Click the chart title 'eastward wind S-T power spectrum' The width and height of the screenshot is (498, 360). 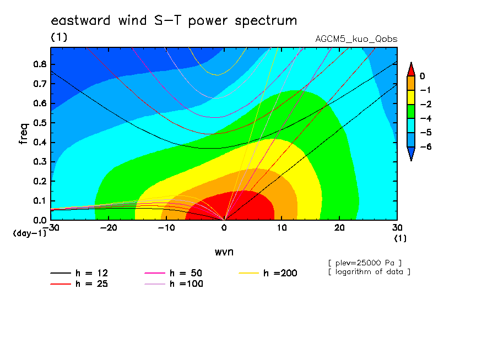pyautogui.click(x=174, y=21)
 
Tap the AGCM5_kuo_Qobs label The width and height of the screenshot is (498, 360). pyautogui.click(x=356, y=39)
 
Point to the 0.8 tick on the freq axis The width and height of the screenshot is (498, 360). pyautogui.click(x=40, y=64)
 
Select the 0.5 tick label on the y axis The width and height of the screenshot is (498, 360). pyautogui.click(x=40, y=123)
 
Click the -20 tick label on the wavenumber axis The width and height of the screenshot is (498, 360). pyautogui.click(x=109, y=228)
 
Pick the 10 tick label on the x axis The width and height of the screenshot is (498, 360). pyautogui.click(x=282, y=228)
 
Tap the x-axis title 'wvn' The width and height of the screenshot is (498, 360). pyautogui.click(x=224, y=252)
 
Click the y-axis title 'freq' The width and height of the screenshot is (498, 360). pyautogui.click(x=24, y=134)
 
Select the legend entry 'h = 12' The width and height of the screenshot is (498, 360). pyautogui.click(x=79, y=273)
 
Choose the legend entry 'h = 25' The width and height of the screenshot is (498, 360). pyautogui.click(x=79, y=284)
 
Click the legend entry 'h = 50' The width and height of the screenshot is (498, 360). pyautogui.click(x=174, y=273)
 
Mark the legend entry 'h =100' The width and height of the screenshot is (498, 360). pyautogui.click(x=174, y=284)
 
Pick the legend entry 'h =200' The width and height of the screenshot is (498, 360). pyautogui.click(x=268, y=273)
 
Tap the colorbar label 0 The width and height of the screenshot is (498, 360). pyautogui.click(x=422, y=76)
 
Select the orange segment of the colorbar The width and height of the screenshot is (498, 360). pyautogui.click(x=411, y=83)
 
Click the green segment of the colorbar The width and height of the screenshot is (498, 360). pyautogui.click(x=411, y=111)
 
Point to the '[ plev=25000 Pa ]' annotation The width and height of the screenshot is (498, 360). pyautogui.click(x=365, y=263)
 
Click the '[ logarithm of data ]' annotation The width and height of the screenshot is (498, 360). pyautogui.click(x=370, y=272)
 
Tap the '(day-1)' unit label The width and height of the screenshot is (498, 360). pyautogui.click(x=30, y=233)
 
